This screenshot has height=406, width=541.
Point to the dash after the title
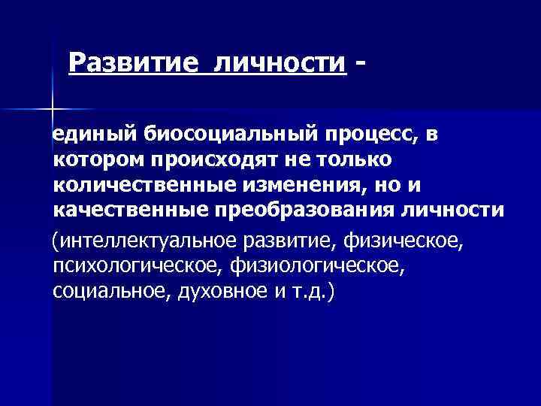tap(364, 62)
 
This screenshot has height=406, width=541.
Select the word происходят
tap(216, 159)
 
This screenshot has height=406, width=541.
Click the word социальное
tap(106, 291)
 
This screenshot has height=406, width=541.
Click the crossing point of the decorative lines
tap(51, 111)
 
